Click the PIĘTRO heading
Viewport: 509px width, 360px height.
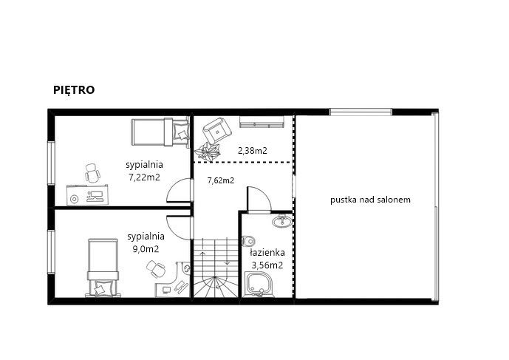coord(74,90)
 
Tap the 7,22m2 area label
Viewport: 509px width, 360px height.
coord(145,177)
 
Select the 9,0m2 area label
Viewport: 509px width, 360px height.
coord(146,249)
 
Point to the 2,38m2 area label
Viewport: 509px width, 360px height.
coord(253,151)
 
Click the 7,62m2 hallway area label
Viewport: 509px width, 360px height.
coord(221,180)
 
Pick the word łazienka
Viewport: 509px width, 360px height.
coord(267,253)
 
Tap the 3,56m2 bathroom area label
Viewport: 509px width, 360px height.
coord(267,265)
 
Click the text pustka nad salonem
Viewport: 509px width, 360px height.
coord(370,200)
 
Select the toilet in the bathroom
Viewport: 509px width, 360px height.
coord(248,242)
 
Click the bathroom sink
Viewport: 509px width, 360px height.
coord(282,221)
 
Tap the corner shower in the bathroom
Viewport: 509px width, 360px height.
coord(259,285)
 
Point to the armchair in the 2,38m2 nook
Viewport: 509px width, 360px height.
coord(217,131)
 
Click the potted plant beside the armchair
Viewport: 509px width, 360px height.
coord(208,151)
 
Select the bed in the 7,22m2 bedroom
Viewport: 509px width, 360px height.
coord(160,132)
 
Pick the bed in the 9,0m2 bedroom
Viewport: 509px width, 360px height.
coord(103,268)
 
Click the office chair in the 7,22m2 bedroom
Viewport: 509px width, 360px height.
coord(92,173)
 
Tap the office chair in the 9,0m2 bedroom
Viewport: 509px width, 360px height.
coord(156,268)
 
